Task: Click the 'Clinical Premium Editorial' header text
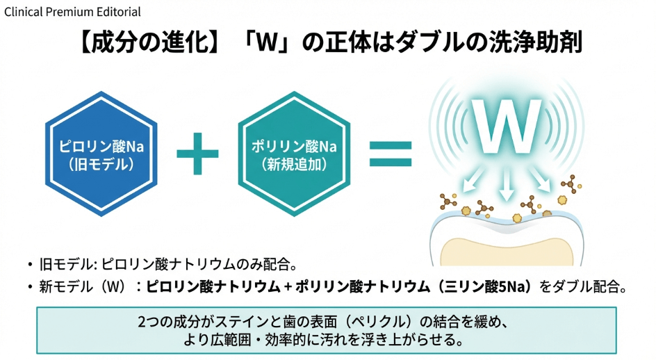(x=72, y=11)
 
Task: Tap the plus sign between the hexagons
(x=197, y=154)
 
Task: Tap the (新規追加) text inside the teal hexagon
(x=288, y=165)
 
